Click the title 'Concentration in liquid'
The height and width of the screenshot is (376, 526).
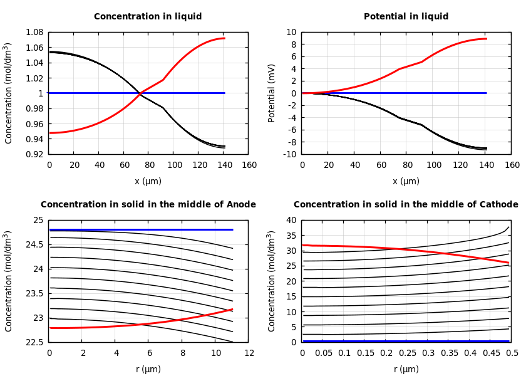point(148,17)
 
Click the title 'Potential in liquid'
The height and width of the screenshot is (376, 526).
point(406,17)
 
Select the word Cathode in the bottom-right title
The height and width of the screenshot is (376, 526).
point(499,205)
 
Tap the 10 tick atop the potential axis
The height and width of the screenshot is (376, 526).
point(291,32)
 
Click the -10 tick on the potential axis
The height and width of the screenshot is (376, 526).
point(289,154)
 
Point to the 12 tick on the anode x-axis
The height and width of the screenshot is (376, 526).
point(249,353)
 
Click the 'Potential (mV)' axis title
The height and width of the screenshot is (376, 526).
point(272,93)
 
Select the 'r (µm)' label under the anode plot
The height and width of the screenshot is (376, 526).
point(148,369)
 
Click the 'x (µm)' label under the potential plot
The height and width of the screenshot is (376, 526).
point(406,181)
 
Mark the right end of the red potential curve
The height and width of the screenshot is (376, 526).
point(486,39)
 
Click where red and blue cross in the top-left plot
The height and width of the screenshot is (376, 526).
point(140,93)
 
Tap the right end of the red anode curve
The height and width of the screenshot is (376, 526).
point(232,309)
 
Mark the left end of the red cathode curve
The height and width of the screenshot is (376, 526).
point(302,245)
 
